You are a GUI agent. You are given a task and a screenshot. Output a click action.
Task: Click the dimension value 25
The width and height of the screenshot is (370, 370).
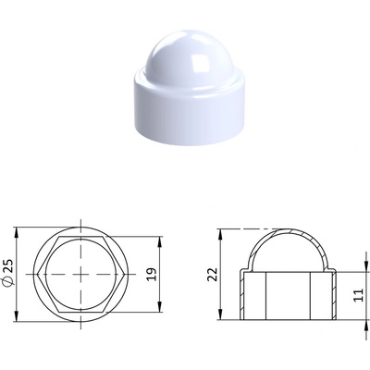coord(9,265)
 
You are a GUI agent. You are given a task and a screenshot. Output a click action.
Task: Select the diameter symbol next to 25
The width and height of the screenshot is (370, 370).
coord(9,280)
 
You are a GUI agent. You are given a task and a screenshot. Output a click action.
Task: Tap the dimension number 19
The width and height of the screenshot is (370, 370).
coord(152,275)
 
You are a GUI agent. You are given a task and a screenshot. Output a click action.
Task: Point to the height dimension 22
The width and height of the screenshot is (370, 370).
coord(213,275)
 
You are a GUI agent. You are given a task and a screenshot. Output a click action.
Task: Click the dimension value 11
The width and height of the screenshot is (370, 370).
coord(359,295)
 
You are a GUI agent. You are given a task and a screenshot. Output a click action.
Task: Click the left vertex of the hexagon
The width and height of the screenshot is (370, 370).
coord(37,274)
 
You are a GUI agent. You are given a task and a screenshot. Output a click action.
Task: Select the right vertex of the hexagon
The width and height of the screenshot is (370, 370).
coord(125,274)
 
